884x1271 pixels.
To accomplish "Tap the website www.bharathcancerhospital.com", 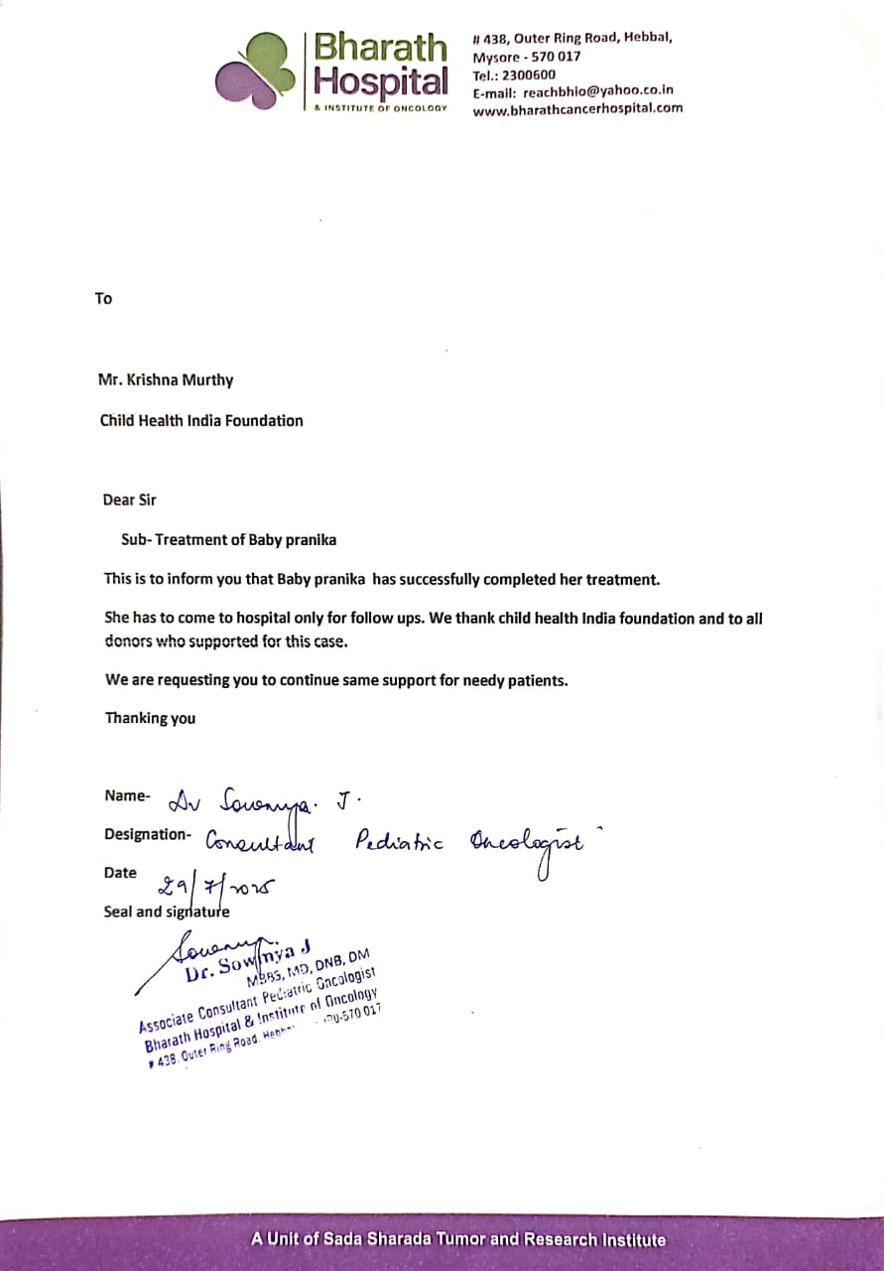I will point(577,109).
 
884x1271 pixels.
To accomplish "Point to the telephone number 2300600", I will point(531,74).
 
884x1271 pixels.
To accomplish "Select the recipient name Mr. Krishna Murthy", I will point(166,379).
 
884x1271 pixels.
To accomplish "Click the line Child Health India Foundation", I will point(201,420).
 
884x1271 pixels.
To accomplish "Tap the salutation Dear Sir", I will point(130,499).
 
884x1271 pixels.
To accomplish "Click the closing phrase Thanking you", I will point(150,718).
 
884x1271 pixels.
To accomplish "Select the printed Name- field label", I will point(127,795).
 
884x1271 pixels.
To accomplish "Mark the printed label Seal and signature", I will point(166,912).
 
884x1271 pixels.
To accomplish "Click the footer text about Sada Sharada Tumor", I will point(457,1239).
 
